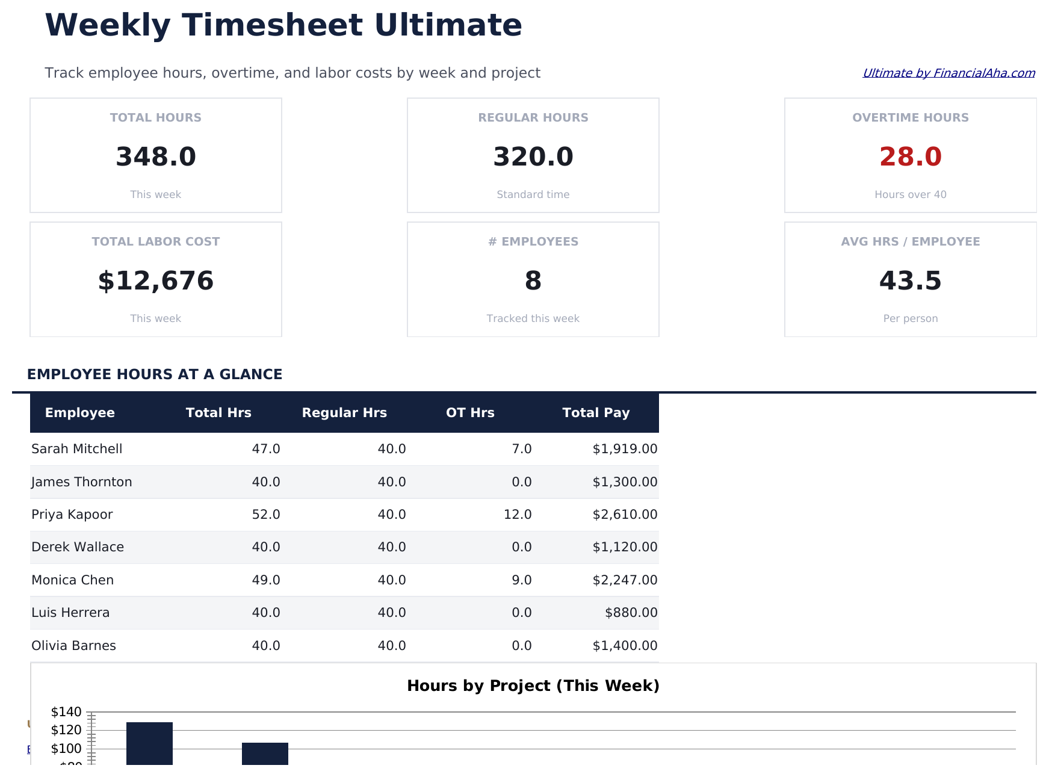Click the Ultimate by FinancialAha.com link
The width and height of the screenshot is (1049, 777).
948,73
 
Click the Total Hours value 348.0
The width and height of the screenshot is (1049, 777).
156,157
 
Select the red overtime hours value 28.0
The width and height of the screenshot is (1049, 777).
910,157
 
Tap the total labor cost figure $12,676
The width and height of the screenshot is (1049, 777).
156,281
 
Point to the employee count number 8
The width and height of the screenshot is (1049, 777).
533,281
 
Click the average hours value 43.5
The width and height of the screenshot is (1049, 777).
910,281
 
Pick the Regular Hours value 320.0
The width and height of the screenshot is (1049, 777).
533,157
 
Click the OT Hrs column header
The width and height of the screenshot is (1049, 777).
470,413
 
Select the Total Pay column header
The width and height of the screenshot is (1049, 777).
596,413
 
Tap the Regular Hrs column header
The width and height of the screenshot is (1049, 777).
344,413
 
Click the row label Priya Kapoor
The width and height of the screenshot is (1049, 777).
72,515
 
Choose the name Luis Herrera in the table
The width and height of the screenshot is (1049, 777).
70,613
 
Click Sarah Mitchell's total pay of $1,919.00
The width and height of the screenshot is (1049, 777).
625,449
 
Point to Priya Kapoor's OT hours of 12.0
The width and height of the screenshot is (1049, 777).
518,515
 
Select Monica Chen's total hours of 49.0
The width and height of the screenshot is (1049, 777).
266,580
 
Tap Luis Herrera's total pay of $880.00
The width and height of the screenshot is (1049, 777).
631,613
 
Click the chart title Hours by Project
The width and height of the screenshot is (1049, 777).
533,686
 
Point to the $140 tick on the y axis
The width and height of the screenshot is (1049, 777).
66,712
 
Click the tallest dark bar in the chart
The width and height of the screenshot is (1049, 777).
149,743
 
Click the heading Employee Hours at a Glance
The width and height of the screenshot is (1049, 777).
155,374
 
